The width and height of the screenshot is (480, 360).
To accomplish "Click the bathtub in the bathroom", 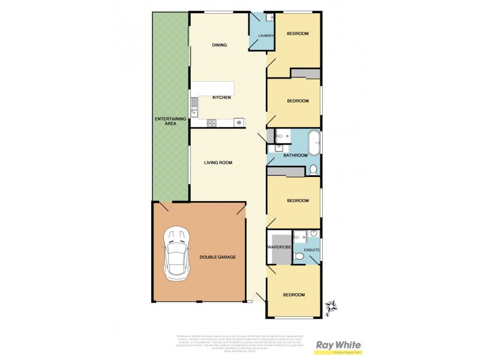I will click(313, 143).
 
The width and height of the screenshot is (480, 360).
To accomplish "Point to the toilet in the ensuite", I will click(299, 256).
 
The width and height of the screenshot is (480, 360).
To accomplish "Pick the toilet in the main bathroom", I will click(313, 170).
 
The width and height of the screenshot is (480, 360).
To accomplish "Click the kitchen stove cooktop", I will click(212, 123).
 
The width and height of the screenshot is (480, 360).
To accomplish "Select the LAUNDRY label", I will click(266, 36).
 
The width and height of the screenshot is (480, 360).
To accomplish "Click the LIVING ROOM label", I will click(218, 163).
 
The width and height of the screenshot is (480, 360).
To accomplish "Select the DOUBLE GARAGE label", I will click(218, 257).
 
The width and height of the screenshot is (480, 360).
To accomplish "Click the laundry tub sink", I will click(270, 18).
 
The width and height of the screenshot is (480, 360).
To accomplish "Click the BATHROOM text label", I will click(295, 155).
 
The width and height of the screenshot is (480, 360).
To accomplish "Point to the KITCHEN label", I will click(221, 98).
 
